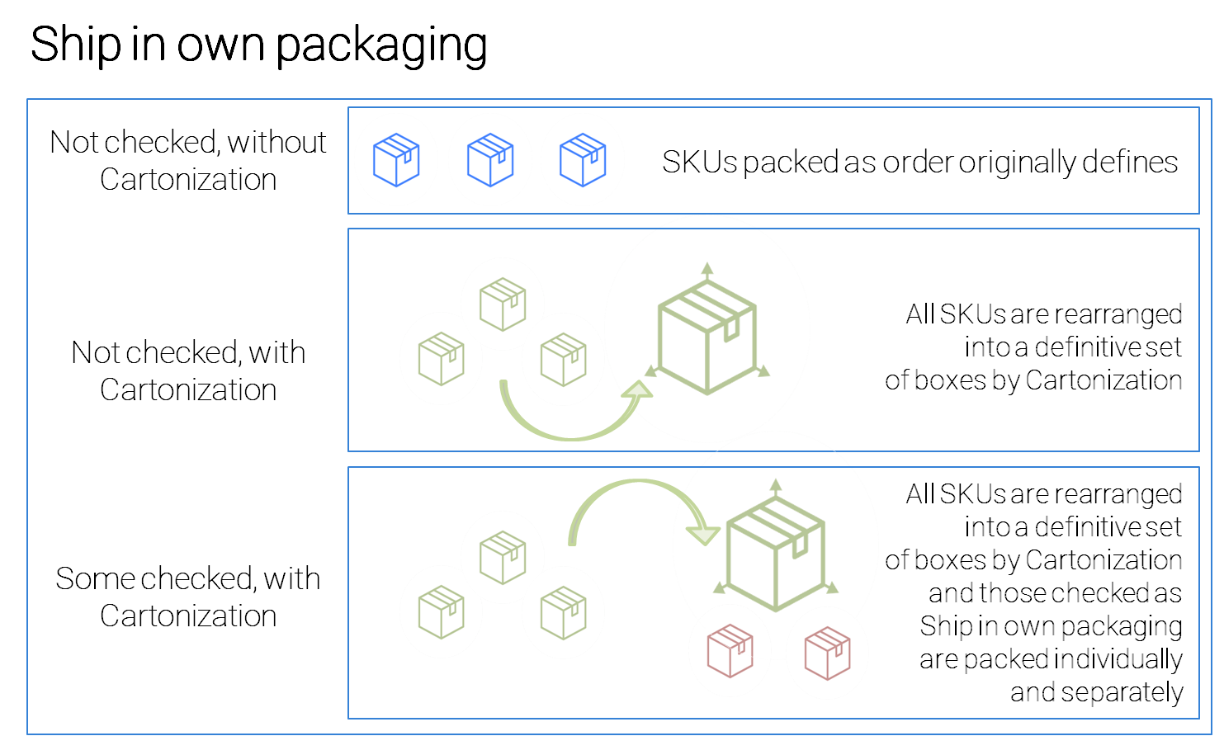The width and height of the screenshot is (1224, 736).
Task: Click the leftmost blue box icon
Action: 396,159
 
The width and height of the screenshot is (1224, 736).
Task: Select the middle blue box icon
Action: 490,159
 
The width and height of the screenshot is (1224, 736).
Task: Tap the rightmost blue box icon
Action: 583,159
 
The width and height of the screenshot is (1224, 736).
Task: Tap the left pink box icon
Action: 730,650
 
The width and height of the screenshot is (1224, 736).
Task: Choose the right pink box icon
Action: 827,653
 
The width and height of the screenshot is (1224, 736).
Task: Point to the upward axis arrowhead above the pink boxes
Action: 776,484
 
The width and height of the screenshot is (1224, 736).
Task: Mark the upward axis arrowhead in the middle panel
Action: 707,268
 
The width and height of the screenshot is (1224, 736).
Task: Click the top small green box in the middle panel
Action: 503,304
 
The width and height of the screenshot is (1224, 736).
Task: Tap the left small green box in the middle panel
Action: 441,358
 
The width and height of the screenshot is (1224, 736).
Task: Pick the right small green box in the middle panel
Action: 563,359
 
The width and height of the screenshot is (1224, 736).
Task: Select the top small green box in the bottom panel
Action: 503,557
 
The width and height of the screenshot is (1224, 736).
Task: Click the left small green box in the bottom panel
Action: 441,611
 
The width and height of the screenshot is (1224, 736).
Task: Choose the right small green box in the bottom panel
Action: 563,612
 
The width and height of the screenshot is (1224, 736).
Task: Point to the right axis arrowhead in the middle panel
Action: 763,372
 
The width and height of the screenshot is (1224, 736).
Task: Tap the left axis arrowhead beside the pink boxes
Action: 720,587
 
